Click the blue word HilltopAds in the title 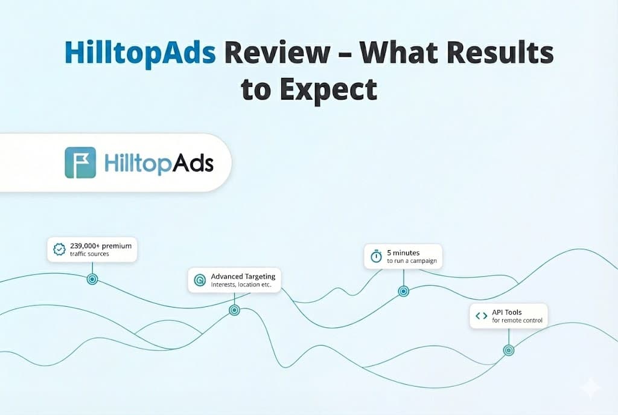coord(140,53)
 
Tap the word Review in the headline coord(278,53)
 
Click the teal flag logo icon coord(80,162)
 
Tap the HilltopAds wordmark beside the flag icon coord(159,162)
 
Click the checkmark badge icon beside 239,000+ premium coord(59,249)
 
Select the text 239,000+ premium coord(101,246)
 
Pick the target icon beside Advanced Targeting coord(200,280)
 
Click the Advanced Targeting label coord(243,277)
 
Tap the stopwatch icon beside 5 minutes coord(377,256)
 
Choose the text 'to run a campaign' coord(412,261)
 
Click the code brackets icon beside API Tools coord(481,316)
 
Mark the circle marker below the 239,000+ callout coord(92,279)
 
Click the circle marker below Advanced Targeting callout coord(235,310)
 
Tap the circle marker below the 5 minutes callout coord(404,292)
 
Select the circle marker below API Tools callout coord(509,350)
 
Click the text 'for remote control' coord(517,320)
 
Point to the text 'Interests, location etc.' coord(241,285)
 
